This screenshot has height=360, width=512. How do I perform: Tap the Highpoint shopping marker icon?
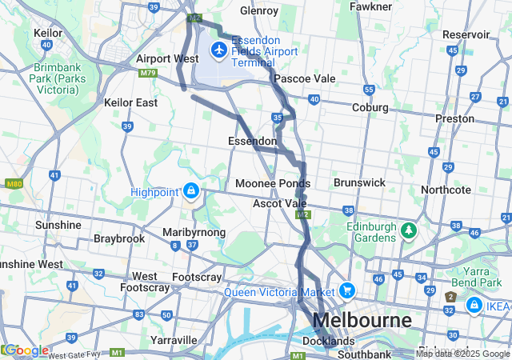191,191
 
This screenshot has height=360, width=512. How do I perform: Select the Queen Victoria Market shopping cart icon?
346,290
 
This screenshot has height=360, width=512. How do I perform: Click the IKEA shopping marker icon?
474,306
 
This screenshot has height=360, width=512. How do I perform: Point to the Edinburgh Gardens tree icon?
409,231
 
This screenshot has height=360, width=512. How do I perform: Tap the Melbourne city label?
362,321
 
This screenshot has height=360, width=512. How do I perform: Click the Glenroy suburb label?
259,11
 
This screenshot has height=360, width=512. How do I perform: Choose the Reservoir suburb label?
466,34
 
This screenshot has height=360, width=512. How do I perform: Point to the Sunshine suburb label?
58,225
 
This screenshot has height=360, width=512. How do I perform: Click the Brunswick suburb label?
359,182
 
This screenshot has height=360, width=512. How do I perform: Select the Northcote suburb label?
446,190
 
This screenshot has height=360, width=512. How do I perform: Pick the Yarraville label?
173,340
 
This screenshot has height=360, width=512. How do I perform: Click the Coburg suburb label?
370,107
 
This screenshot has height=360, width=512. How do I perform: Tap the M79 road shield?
147,73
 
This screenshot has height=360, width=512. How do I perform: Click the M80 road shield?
12,184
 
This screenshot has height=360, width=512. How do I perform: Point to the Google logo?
26,350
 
